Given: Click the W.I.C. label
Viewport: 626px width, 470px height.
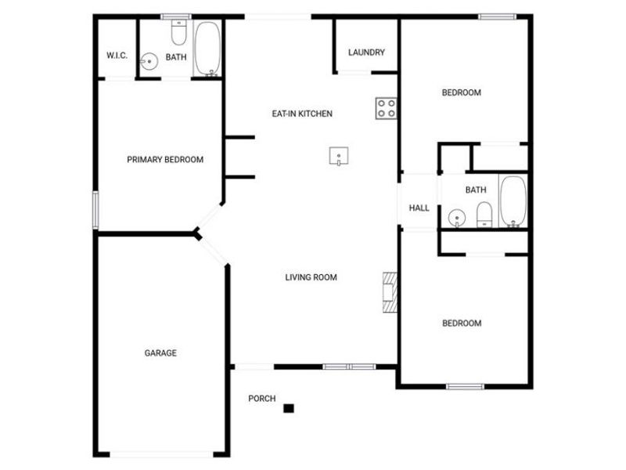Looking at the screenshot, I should [117, 56].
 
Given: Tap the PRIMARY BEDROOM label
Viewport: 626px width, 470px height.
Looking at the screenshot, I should [165, 160].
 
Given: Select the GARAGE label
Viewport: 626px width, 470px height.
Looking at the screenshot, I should [160, 353].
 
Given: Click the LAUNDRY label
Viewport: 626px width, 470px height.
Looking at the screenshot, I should [366, 53].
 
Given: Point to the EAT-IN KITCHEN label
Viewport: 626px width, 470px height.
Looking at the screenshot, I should [302, 114].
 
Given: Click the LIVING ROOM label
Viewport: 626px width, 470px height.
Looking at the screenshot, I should [311, 277].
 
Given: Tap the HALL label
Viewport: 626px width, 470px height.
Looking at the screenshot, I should [419, 208].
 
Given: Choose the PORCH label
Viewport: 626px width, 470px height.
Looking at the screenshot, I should [262, 399].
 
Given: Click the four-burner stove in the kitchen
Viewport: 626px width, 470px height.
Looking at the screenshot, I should [386, 108].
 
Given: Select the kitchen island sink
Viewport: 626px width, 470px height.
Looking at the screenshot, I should [338, 157].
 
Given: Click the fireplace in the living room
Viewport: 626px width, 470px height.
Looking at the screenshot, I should [390, 291].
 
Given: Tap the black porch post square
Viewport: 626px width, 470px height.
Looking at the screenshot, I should [289, 407].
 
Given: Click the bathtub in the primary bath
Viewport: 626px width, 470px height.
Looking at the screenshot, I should [207, 49].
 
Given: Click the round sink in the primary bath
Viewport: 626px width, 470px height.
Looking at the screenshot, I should [149, 60].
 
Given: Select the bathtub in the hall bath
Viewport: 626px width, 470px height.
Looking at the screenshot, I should [513, 201].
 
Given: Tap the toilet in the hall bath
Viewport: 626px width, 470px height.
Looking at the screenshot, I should [484, 214].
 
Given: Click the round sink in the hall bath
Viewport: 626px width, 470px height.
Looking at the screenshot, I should [458, 216].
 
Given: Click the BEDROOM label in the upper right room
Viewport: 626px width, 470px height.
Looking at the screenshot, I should [462, 93].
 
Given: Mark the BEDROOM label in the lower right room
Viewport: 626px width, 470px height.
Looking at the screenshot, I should [462, 324].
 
